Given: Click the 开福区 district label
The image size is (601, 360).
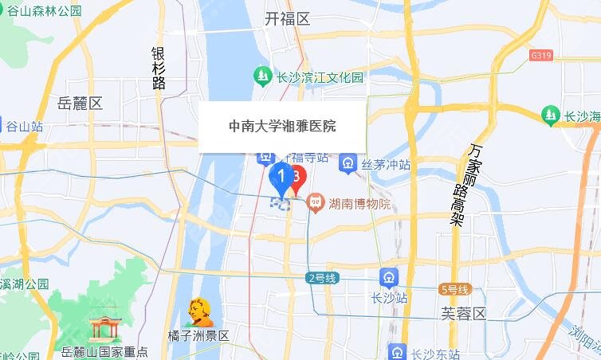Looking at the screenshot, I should click(287, 19).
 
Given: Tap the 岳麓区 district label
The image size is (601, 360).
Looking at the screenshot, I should click(81, 104).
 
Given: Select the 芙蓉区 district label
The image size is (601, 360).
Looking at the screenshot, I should click(463, 313).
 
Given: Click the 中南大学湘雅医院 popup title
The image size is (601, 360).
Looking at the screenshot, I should click(282, 126).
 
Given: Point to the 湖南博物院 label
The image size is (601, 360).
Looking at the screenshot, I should click(359, 204).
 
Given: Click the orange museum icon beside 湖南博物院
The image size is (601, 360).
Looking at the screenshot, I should click(315, 204).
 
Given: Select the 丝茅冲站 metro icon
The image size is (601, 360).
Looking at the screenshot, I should click(348, 165).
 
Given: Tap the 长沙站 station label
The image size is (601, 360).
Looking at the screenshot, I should click(389, 297).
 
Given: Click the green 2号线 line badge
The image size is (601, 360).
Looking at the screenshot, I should click(323, 278).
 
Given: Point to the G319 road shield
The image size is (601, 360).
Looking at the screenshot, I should click(540, 56).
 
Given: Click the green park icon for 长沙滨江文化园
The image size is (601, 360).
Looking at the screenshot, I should click(261, 77).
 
